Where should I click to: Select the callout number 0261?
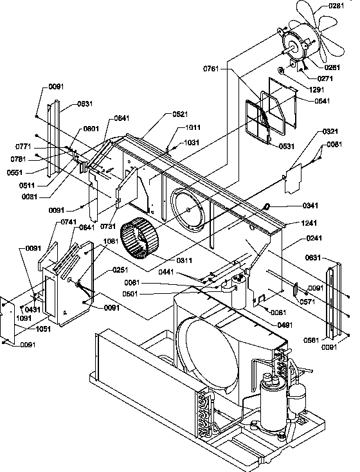tap(332, 67)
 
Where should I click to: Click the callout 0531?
tap(287, 147)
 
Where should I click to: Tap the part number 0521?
tap(162, 114)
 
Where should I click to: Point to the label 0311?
tap(165, 260)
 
